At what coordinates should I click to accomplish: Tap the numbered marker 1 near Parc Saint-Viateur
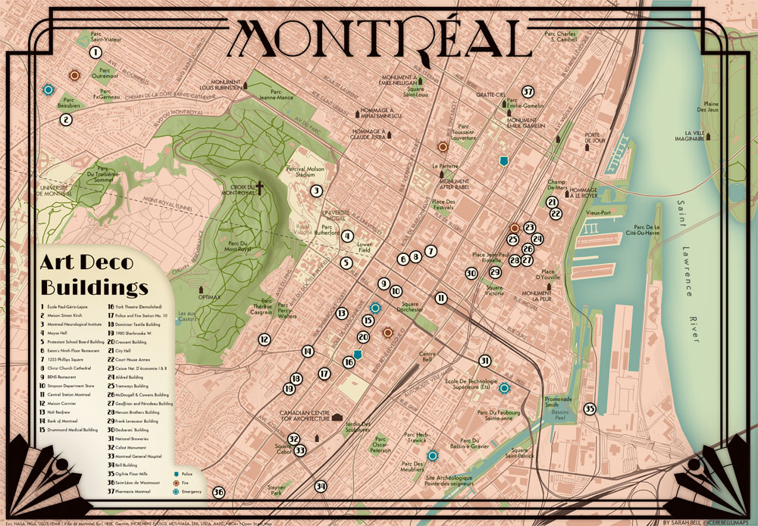tap(96, 52)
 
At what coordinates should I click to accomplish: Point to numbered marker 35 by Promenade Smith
tap(590, 409)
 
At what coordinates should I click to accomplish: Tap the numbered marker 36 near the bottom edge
tap(219, 492)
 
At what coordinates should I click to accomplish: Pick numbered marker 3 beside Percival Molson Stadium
tap(316, 192)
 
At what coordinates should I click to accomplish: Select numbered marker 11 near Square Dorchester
tap(441, 299)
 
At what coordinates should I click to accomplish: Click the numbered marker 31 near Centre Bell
tap(485, 361)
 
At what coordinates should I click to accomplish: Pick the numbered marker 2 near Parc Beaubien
tap(66, 119)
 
